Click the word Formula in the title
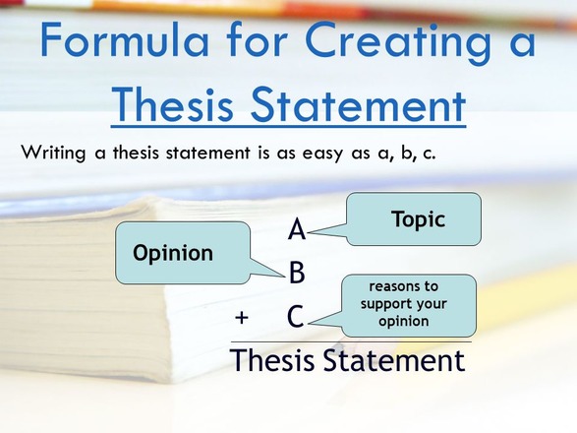pyautogui.click(x=125, y=40)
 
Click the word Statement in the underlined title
pyautogui.click(x=358, y=104)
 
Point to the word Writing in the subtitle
pyautogui.click(x=53, y=153)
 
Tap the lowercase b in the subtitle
pyautogui.click(x=407, y=153)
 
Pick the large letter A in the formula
pyautogui.click(x=297, y=229)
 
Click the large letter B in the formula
pyautogui.click(x=297, y=272)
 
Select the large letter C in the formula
pyautogui.click(x=296, y=316)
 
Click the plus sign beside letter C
pyautogui.click(x=242, y=317)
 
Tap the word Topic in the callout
pyautogui.click(x=418, y=219)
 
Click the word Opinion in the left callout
pyautogui.click(x=173, y=254)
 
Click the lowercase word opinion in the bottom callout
pyautogui.click(x=404, y=322)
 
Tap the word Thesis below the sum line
pyautogui.click(x=272, y=360)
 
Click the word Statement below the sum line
pyautogui.click(x=394, y=360)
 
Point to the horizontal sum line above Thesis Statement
pyautogui.click(x=351, y=342)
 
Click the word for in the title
pyautogui.click(x=257, y=40)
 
